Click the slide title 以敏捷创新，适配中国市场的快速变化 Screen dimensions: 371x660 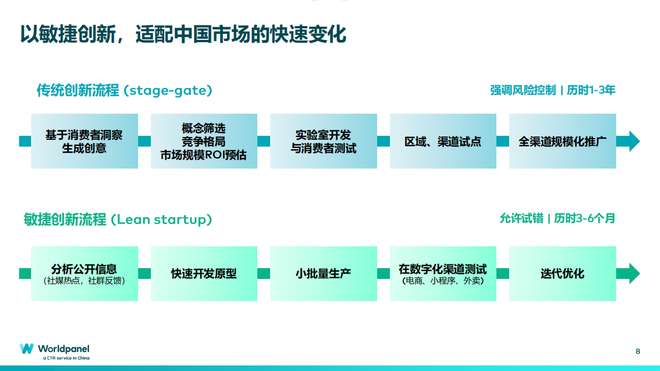pos(183,34)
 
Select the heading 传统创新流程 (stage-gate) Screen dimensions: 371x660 pos(124,90)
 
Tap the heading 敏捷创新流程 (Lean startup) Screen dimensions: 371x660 pos(118,220)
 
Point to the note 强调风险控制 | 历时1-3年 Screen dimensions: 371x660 pos(552,90)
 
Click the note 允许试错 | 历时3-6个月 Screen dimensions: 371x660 pos(557,218)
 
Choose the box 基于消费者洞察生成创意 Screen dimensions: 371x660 pos(84,141)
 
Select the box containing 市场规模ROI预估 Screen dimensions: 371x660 pos(204,141)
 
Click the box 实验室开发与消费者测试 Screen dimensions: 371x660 pos(323,141)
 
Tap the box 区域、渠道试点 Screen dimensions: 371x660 pos(443,141)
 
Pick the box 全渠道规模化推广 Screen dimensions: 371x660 pos(562,141)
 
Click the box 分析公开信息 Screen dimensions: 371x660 pos(84,274)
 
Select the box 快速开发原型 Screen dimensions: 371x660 pos(204,274)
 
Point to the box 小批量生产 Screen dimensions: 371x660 pos(323,274)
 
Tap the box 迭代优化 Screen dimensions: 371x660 pos(562,274)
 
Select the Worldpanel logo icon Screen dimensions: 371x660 pos(27,349)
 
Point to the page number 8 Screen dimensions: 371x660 pos(638,351)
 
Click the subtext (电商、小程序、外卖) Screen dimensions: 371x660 pos(443,281)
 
